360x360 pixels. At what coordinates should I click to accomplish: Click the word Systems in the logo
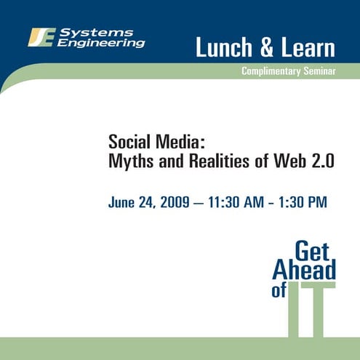point(105,32)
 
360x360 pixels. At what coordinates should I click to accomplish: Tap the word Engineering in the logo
point(101,43)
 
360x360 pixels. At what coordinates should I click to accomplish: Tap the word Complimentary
point(272,71)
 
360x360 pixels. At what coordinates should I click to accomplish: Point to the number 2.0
point(321,161)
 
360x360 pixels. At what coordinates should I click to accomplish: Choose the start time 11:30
point(222,201)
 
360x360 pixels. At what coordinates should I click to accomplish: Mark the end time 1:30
point(292,201)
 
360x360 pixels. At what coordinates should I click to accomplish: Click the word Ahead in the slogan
point(304,271)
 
